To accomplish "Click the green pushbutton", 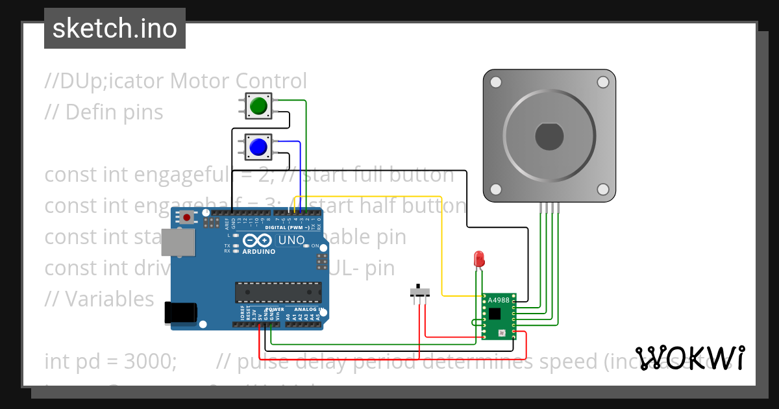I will click(258, 106).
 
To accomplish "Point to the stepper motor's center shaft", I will click(549, 136).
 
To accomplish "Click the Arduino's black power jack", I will click(180, 313).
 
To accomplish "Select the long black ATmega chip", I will click(278, 291).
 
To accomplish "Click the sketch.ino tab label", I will click(115, 29).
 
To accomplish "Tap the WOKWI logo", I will click(689, 358).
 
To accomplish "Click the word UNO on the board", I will click(291, 240).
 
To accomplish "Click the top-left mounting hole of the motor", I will click(496, 82).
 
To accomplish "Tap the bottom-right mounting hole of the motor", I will click(602, 189).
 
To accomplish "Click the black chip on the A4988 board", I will click(495, 314).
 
